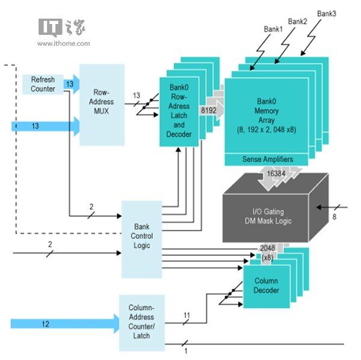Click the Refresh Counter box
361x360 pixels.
pyautogui.click(x=42, y=84)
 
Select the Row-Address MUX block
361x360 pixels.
pyautogui.click(x=102, y=105)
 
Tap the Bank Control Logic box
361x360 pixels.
pyautogui.click(x=142, y=237)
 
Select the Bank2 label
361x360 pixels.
pyautogui.click(x=297, y=22)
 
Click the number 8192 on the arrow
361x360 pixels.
pyautogui.click(x=208, y=110)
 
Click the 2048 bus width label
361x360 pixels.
pyautogui.click(x=268, y=248)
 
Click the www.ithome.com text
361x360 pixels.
pyautogui.click(x=63, y=43)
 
